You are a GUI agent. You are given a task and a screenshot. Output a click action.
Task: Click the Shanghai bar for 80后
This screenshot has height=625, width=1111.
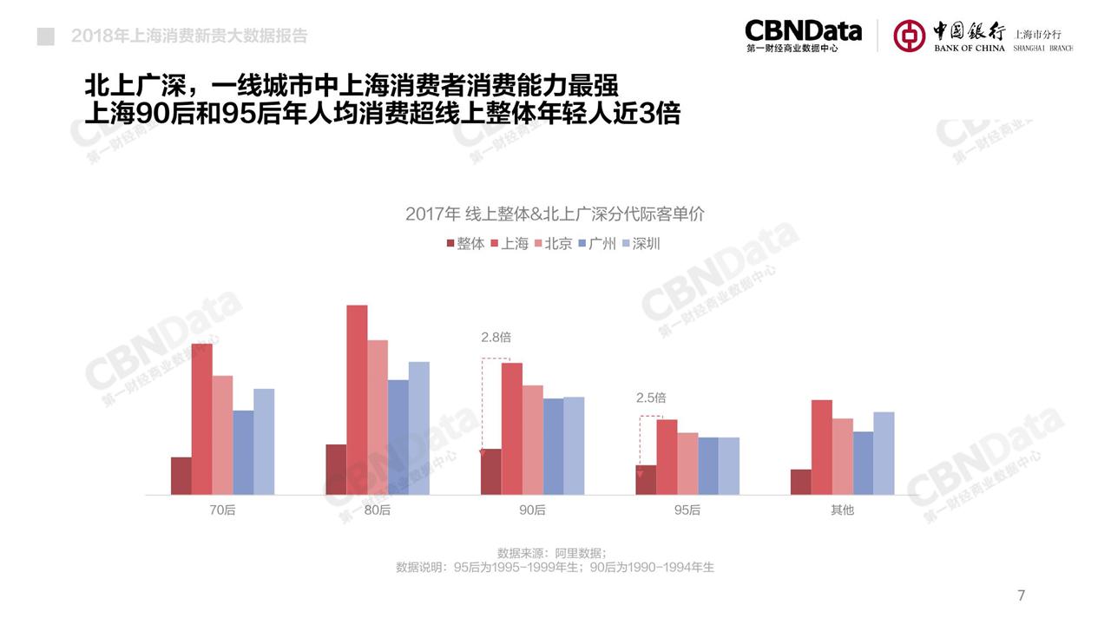pyautogui.click(x=357, y=399)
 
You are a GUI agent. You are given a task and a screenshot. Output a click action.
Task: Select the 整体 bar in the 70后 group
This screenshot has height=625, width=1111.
pyautogui.click(x=181, y=476)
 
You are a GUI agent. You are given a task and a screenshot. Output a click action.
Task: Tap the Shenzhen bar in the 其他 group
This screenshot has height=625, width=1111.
pyautogui.click(x=884, y=453)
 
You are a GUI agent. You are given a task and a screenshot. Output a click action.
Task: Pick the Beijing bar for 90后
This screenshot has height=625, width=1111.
pyautogui.click(x=532, y=440)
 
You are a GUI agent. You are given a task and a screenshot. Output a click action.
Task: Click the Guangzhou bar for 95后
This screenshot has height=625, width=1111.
pyautogui.click(x=708, y=465)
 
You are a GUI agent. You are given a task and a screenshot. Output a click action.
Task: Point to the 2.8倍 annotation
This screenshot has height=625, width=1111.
pyautogui.click(x=496, y=338)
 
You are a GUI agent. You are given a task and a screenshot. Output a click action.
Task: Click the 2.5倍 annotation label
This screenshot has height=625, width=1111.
pyautogui.click(x=651, y=398)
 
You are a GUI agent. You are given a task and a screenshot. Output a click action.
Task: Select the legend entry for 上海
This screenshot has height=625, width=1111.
pyautogui.click(x=509, y=244)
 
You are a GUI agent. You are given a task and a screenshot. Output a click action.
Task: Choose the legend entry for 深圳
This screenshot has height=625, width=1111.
pyautogui.click(x=640, y=244)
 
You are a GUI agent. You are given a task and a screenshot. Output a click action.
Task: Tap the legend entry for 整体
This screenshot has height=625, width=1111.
pyautogui.click(x=465, y=244)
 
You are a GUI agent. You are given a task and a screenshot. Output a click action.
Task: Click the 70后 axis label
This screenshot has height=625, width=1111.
pyautogui.click(x=222, y=510)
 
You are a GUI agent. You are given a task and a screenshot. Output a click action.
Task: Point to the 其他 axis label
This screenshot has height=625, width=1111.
pyautogui.click(x=842, y=510)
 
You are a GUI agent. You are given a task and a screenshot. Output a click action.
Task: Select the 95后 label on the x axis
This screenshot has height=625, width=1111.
pyautogui.click(x=687, y=510)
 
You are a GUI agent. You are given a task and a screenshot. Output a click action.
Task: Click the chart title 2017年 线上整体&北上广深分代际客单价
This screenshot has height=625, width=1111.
pyautogui.click(x=555, y=214)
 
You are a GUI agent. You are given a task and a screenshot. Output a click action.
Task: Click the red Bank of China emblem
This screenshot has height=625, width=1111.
pyautogui.click(x=910, y=36)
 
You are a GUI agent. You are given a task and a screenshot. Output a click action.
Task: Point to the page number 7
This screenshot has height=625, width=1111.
pyautogui.click(x=1021, y=595)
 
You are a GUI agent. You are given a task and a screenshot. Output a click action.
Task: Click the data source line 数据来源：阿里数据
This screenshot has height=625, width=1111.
pyautogui.click(x=552, y=553)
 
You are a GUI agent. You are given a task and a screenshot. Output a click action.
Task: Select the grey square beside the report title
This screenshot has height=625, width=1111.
pyautogui.click(x=46, y=36)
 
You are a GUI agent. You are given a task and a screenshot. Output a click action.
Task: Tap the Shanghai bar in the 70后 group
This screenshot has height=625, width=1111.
pyautogui.click(x=202, y=419)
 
